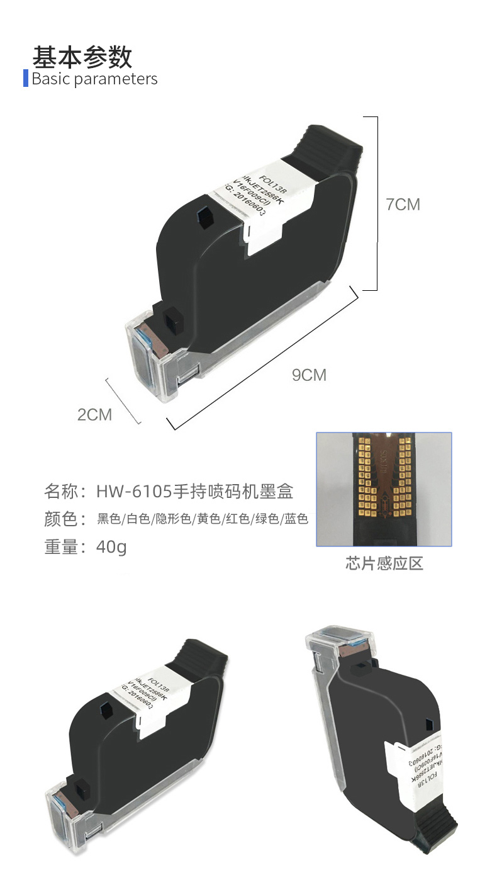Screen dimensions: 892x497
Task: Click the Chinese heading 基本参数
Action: pos(82,57)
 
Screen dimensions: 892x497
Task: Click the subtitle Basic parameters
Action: pos(94,79)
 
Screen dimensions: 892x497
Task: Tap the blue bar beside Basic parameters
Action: pos(26,79)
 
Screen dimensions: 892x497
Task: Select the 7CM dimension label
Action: pos(403,205)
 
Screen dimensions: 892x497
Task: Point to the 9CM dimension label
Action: pos(309,375)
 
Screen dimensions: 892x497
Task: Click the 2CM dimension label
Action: pos(94,415)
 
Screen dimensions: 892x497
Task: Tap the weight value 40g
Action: pos(111,546)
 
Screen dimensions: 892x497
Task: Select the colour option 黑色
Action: pos(108,519)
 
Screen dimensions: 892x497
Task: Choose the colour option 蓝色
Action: pos(295,519)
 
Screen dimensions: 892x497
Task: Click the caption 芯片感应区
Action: pos(384,563)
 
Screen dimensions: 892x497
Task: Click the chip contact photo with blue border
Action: pos(384,489)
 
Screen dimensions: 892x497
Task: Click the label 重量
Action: pos(60,546)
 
